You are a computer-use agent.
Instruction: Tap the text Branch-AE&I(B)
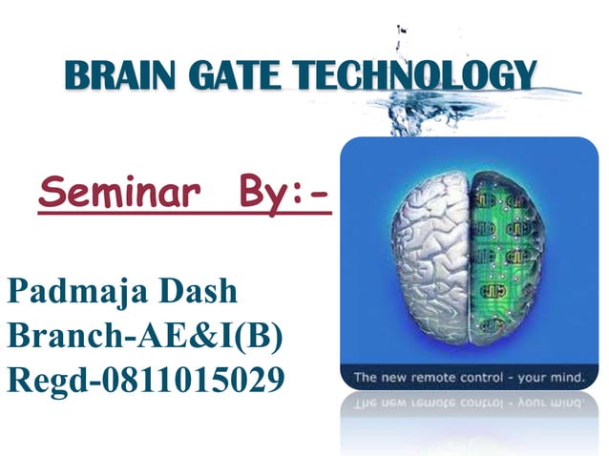[143, 335]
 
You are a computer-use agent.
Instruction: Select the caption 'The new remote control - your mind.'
[468, 379]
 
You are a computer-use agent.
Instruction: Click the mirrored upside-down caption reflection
[468, 402]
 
